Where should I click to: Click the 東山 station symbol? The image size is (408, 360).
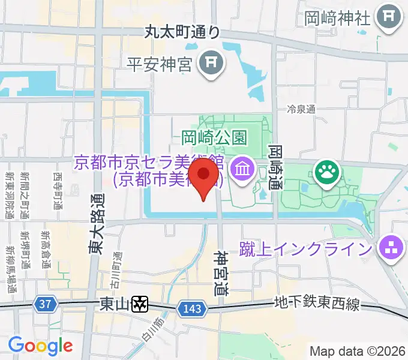[140, 305]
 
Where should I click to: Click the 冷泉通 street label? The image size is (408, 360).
[301, 109]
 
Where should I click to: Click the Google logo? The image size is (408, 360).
[40, 346]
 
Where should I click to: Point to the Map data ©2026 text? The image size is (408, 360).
[358, 351]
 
